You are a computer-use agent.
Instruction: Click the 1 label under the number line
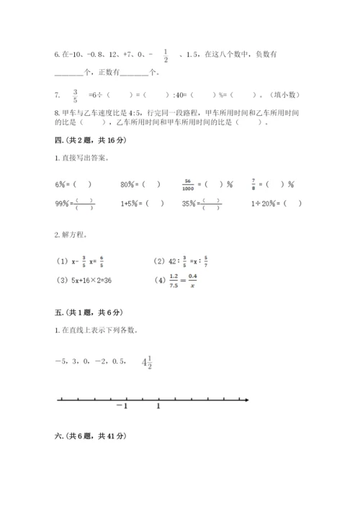click(158, 407)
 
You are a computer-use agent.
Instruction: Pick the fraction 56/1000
click(190, 184)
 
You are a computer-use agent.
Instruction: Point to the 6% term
click(61, 184)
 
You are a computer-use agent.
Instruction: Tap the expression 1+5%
click(130, 203)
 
